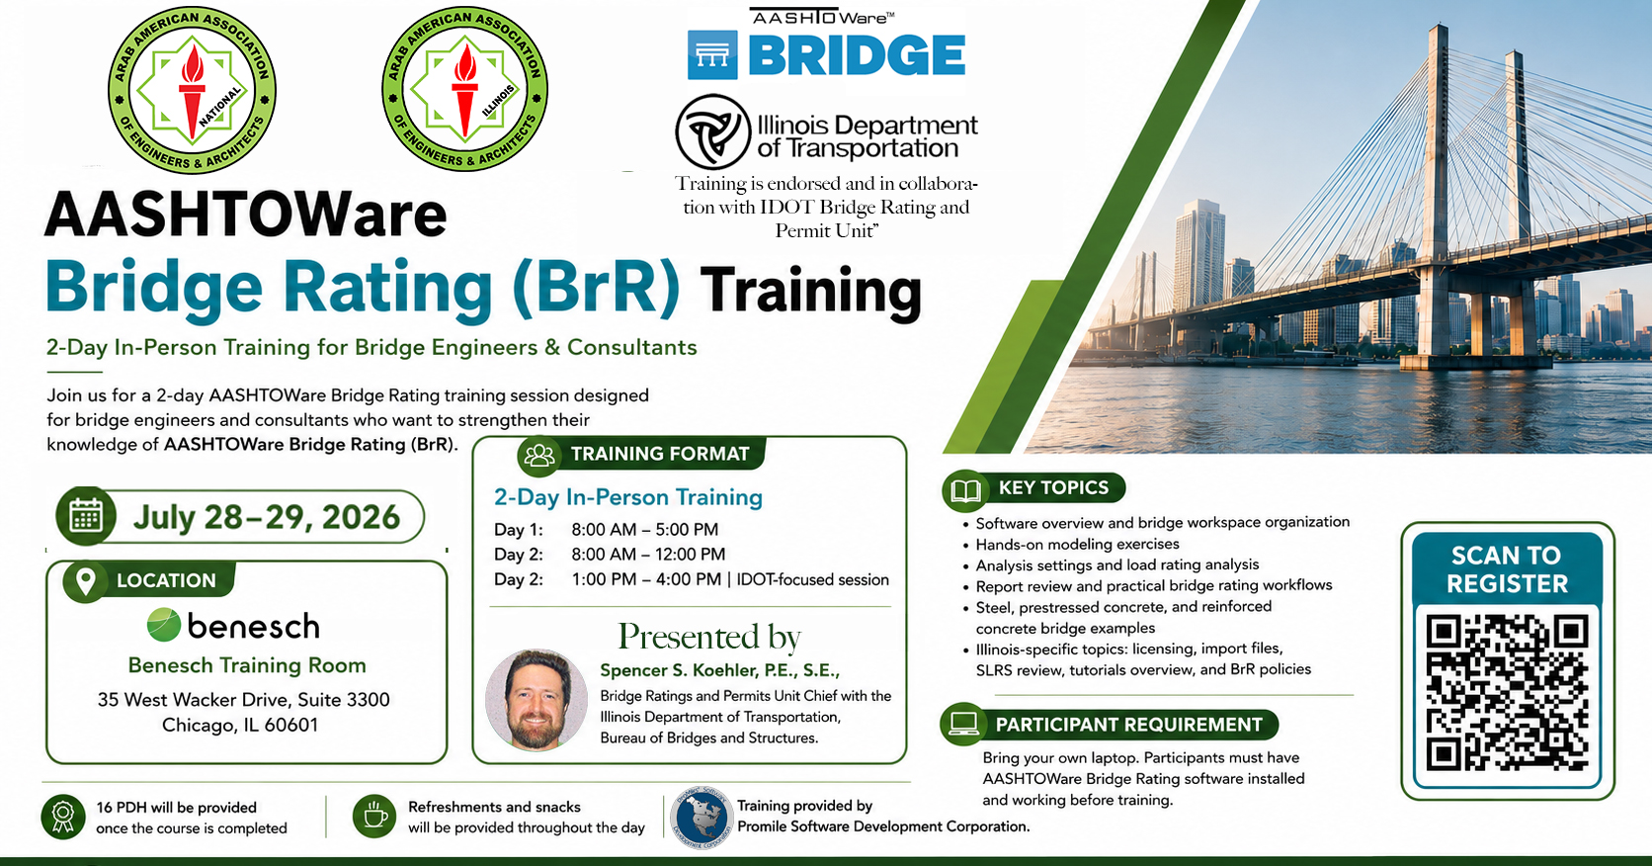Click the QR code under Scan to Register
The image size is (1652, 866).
tap(1507, 693)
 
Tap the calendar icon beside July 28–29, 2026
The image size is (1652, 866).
tap(86, 516)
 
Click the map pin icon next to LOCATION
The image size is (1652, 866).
tap(86, 580)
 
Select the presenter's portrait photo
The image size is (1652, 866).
tap(537, 700)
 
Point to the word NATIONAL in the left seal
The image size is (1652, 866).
tap(219, 105)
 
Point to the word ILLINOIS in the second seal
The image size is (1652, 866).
tap(498, 101)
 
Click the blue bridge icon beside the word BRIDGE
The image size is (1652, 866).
tap(712, 54)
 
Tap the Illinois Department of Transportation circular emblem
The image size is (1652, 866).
tap(713, 131)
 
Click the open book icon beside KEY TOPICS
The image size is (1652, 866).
tap(964, 490)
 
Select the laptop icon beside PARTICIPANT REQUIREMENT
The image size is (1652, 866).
tap(963, 724)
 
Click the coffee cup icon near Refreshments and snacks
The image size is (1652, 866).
tap(374, 817)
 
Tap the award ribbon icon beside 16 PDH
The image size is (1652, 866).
tap(62, 817)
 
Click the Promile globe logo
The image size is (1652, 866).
tap(702, 818)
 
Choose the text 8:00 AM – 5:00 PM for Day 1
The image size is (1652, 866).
tap(644, 530)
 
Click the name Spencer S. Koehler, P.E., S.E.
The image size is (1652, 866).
tap(720, 670)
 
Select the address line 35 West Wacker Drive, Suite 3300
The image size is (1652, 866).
tap(243, 699)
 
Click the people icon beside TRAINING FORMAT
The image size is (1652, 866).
tap(539, 455)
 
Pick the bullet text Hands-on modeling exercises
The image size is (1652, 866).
tap(1078, 545)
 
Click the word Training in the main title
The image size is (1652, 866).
tap(811, 291)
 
